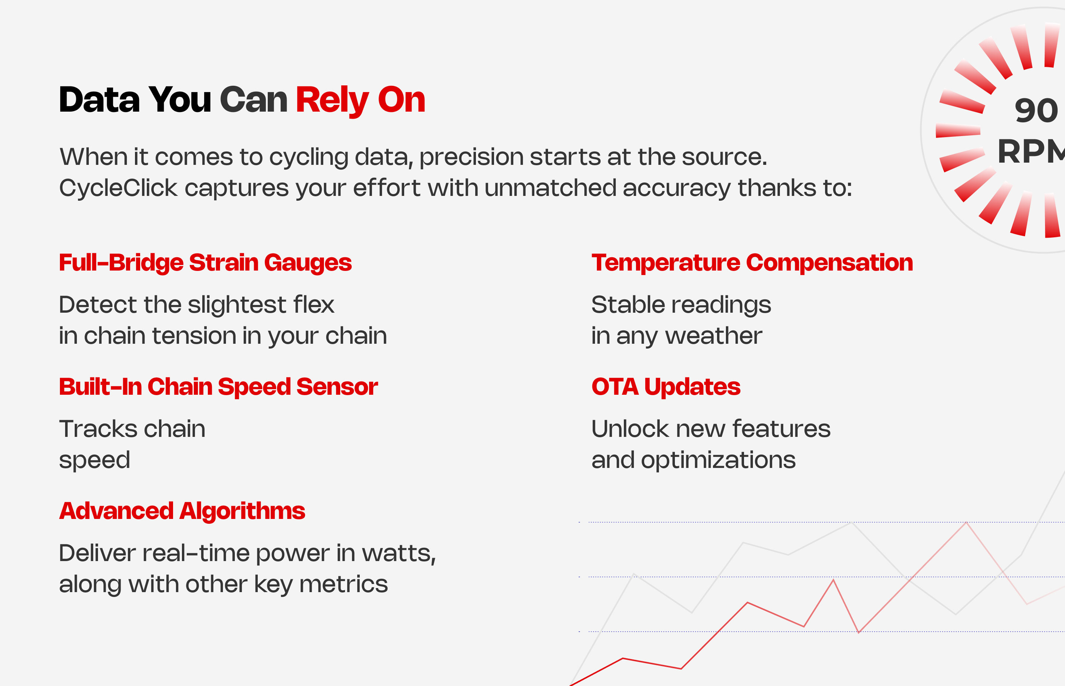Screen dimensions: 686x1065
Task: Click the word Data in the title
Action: pos(99,100)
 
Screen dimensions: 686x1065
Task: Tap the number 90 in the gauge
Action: pos(1035,111)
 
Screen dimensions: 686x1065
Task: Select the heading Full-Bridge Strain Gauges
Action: pos(205,263)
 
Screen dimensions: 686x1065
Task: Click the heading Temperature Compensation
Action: pos(752,263)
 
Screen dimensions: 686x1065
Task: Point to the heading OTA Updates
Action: pos(665,387)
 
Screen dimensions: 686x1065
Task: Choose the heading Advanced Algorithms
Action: pos(182,511)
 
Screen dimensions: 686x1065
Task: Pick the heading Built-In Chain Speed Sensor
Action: pos(218,387)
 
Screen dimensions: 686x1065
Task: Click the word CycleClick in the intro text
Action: pos(118,188)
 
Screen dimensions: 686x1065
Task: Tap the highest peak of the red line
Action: pos(966,523)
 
